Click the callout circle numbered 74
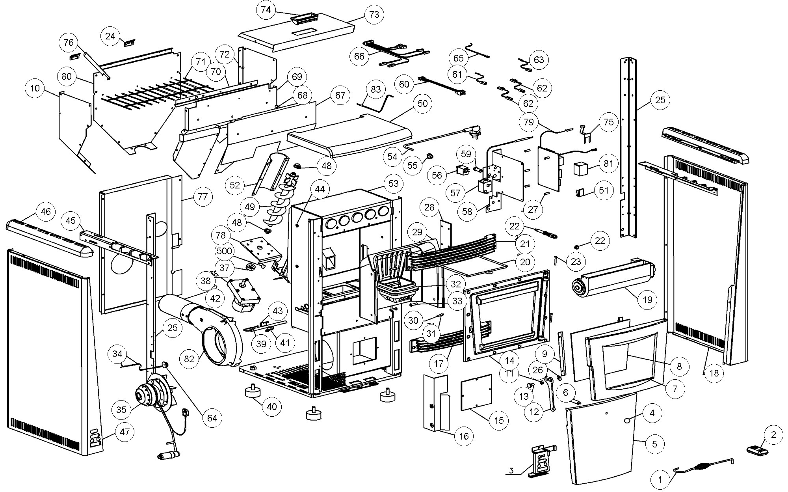click(266, 10)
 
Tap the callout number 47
click(125, 432)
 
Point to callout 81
click(609, 163)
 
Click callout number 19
click(647, 300)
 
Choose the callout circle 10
click(35, 88)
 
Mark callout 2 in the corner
click(773, 435)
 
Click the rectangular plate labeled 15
click(477, 392)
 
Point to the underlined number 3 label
click(511, 471)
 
